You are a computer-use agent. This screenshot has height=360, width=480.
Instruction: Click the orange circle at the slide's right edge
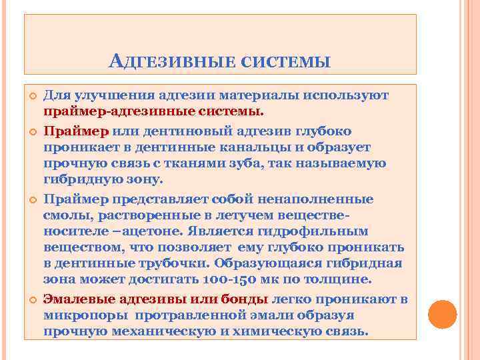click(x=441, y=315)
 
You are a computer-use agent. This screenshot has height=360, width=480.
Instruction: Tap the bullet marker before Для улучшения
click(x=31, y=96)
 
